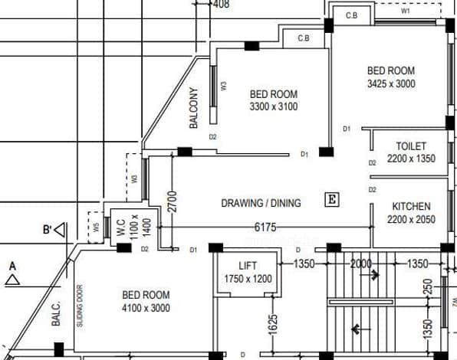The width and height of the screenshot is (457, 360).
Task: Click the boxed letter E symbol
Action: point(332,200)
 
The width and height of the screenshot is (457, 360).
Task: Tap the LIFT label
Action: point(248,266)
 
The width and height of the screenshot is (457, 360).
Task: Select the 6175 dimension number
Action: point(265,227)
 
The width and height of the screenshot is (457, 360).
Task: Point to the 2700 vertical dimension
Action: point(173,201)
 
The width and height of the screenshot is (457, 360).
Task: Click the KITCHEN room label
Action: point(411,206)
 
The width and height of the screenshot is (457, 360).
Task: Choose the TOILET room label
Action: point(411,146)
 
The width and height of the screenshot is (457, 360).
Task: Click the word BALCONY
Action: point(193,108)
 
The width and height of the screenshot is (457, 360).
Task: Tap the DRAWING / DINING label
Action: point(261,203)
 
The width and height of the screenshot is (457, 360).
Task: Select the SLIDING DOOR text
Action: point(80,306)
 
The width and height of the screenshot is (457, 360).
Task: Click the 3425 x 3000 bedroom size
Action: point(391,83)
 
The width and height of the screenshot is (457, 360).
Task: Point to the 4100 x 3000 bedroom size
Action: point(146,308)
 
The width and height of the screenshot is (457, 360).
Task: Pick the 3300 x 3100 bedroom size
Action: point(274,106)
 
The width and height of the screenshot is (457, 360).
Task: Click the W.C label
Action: point(121,227)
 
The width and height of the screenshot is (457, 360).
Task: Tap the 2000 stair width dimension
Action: point(361,264)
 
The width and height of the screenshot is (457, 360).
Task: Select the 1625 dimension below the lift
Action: point(272,325)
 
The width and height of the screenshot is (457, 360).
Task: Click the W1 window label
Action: point(406,11)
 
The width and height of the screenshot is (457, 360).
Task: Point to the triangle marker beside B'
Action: point(60,230)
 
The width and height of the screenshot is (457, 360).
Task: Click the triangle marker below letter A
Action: point(12,280)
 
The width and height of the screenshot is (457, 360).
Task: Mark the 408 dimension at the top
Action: point(221,4)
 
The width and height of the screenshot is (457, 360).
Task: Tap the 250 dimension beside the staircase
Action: point(428,286)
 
